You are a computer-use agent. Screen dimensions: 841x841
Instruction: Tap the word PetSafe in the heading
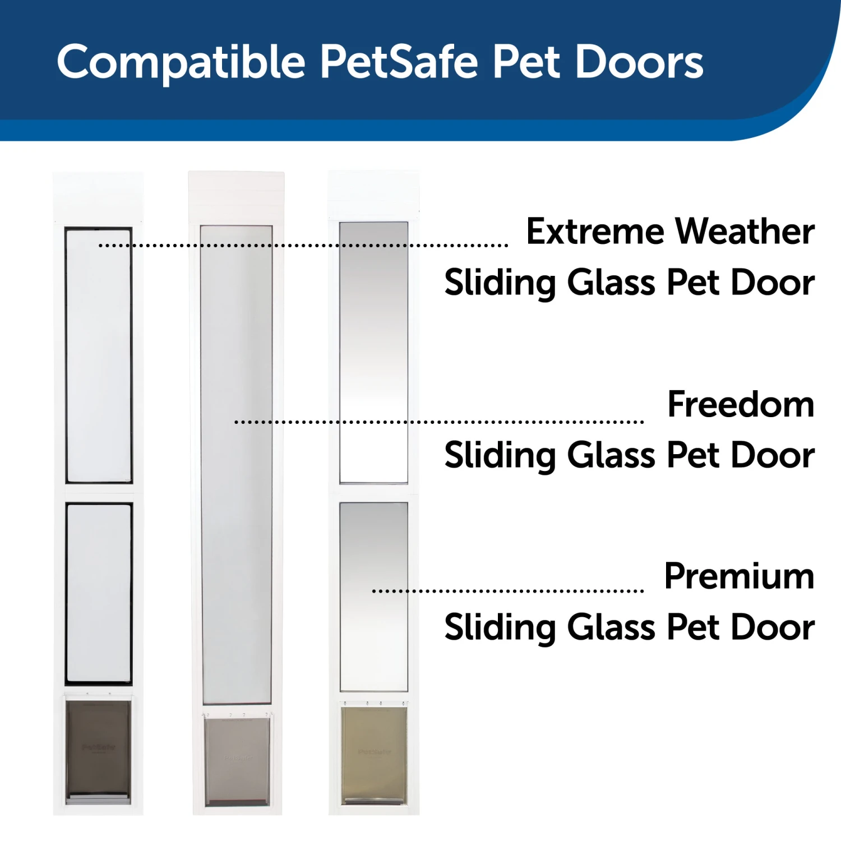tap(399, 62)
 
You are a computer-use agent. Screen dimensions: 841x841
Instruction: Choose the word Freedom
tap(741, 404)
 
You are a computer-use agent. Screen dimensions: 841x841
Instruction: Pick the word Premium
tap(739, 576)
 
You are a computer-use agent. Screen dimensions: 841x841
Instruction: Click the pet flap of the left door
tap(98, 748)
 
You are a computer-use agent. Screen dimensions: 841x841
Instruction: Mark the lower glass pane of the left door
tap(99, 593)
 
